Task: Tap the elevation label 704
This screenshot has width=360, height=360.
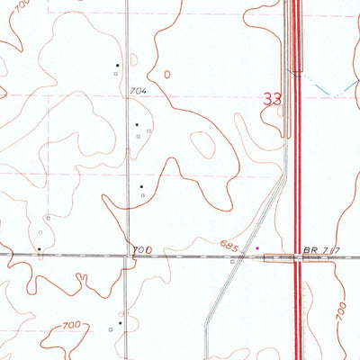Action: (x=138, y=92)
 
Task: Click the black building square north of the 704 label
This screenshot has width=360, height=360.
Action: (x=118, y=65)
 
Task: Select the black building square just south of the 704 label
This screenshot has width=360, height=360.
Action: (x=137, y=124)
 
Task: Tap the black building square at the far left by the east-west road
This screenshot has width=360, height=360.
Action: (x=40, y=248)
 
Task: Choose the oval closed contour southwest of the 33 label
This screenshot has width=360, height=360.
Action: (x=205, y=145)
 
